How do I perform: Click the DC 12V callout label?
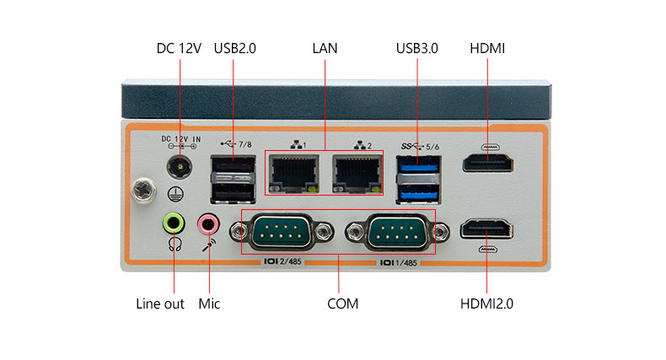(x=179, y=48)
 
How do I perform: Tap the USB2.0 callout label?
(x=234, y=48)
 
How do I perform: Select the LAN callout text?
(x=325, y=48)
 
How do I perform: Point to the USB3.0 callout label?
(x=417, y=48)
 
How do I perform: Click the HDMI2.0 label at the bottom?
(x=486, y=304)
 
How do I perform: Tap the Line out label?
(x=160, y=304)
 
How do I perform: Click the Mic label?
(x=209, y=304)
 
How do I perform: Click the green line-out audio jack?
(x=174, y=223)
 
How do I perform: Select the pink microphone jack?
(x=208, y=224)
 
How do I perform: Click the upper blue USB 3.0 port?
(x=420, y=165)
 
